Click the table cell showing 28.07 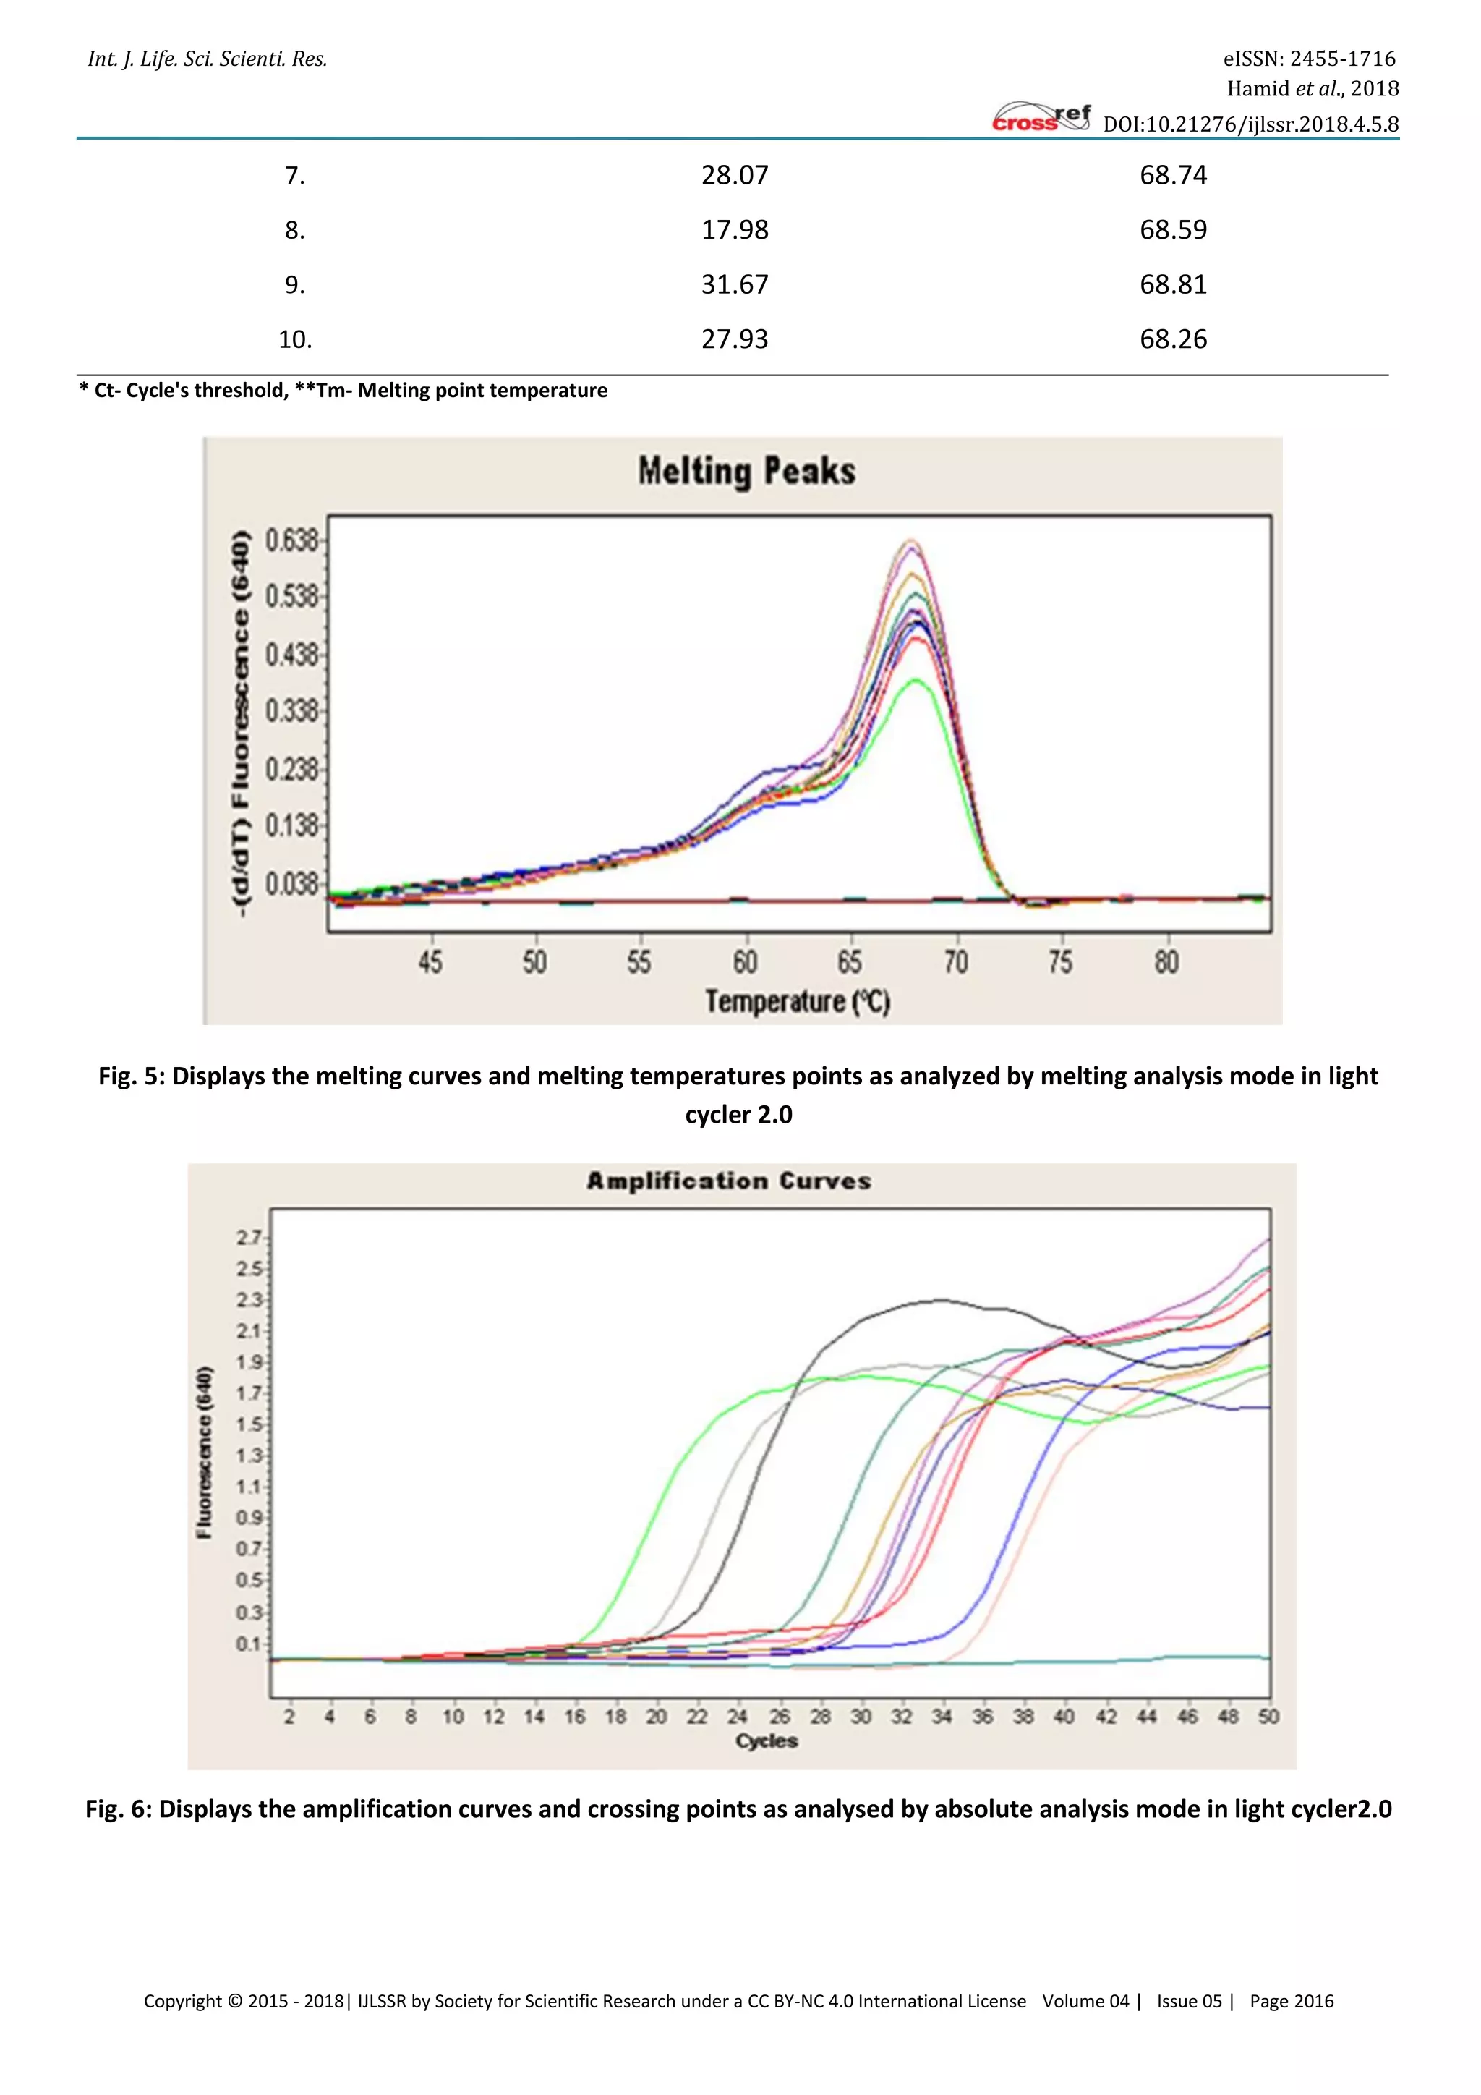point(734,175)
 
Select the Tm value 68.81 point(1173,285)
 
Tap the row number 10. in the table point(294,339)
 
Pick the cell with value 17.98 point(734,230)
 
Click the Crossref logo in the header point(1041,119)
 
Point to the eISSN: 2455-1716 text point(1309,59)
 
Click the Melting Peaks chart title point(746,472)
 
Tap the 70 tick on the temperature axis point(956,961)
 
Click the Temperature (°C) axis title point(797,1002)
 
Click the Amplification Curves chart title point(729,1181)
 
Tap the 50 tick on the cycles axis point(1268,1717)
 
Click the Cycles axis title point(766,1741)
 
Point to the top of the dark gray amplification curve point(939,1300)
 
